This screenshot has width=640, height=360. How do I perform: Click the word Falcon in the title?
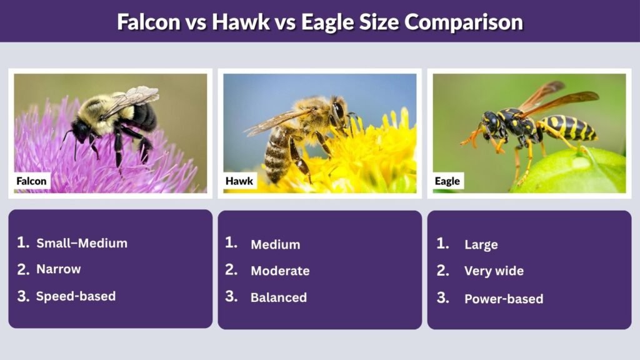coord(148,22)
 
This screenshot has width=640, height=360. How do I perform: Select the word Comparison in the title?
coord(463,22)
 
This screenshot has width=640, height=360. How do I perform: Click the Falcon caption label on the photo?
coord(32,181)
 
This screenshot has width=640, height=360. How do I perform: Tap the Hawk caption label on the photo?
coord(239,181)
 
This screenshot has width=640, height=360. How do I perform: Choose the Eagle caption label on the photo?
coord(447,181)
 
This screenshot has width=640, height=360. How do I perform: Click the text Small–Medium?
coord(82,243)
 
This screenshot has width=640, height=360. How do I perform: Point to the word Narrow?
coord(59,269)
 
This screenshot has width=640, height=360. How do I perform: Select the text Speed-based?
coord(76,296)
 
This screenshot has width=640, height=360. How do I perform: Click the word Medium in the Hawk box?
coord(275,244)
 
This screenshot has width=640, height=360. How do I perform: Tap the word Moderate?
coord(280,271)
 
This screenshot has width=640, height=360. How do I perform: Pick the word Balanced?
coord(279,297)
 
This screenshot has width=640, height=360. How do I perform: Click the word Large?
coord(481,244)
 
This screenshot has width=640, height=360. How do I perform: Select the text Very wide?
coord(494,271)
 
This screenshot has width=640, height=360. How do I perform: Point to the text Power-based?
coord(504,299)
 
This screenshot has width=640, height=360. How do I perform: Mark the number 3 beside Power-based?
coord(442,297)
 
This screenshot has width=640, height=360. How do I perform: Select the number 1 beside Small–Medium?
coord(23,242)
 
